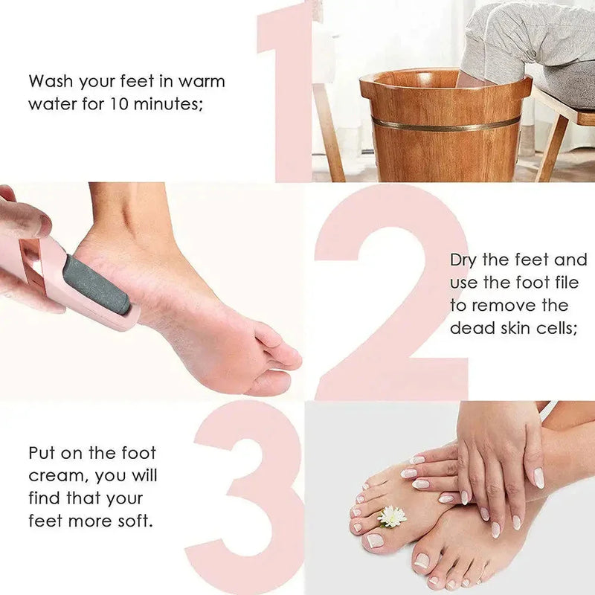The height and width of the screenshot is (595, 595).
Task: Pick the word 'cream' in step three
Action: point(54,475)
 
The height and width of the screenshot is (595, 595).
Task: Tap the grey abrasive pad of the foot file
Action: point(97,285)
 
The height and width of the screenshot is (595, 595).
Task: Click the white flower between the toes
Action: point(392,515)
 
